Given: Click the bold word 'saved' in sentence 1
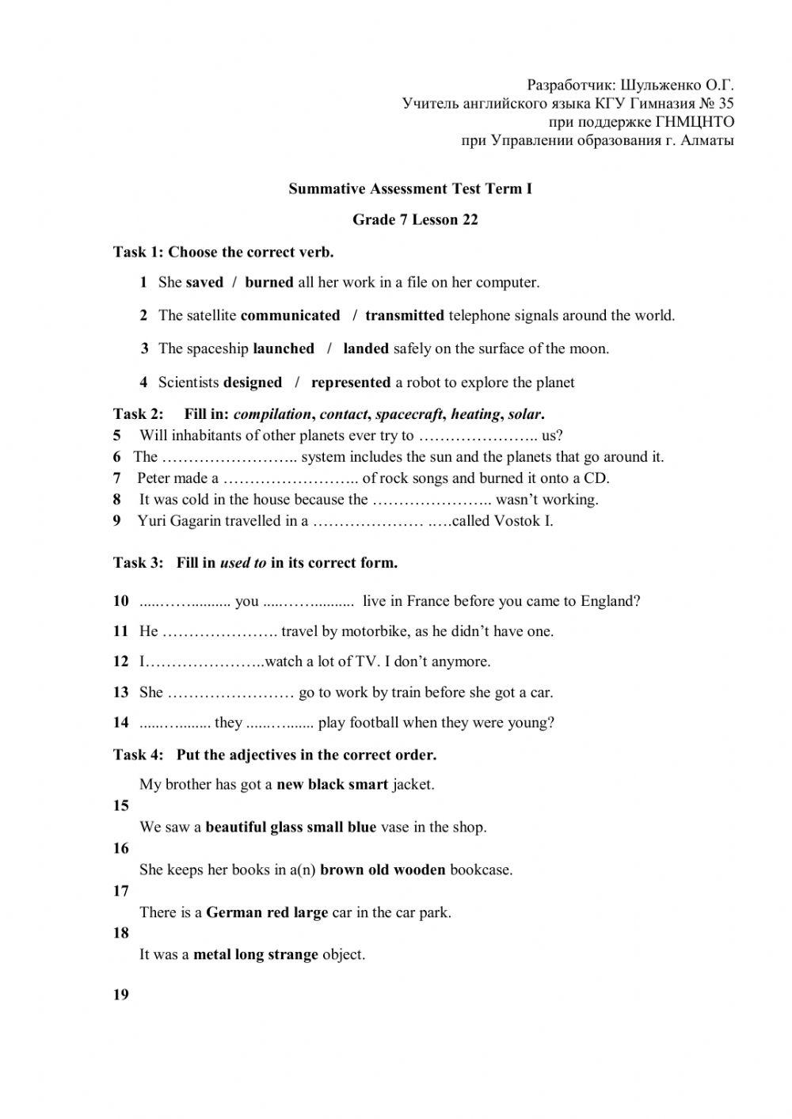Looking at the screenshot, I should click(x=204, y=282).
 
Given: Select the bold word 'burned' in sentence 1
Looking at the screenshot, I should click(x=269, y=282).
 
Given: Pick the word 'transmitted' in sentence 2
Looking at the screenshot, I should click(x=405, y=315).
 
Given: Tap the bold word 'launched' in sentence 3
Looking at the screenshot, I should click(x=284, y=348).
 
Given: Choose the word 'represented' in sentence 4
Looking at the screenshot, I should click(x=351, y=383).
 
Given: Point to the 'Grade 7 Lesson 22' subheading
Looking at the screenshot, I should click(x=415, y=219).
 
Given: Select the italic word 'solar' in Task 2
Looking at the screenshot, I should click(x=524, y=413).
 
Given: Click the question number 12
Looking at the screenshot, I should click(x=120, y=661).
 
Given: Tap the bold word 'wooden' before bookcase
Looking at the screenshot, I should click(x=420, y=870).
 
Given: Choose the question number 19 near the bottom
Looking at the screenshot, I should click(x=120, y=995).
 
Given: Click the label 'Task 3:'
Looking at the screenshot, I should click(x=138, y=563).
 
